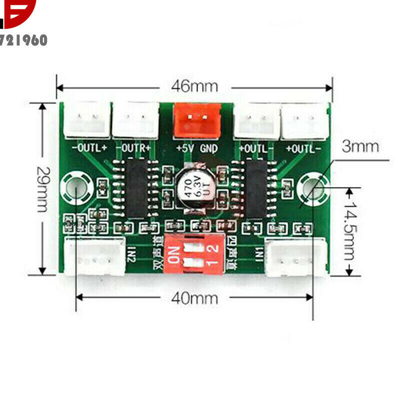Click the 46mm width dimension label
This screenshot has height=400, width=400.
pos(194,86)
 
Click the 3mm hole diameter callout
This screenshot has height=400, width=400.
pos(360,147)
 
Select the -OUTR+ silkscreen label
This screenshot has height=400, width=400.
pos(134,148)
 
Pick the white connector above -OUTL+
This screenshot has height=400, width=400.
pos(86,120)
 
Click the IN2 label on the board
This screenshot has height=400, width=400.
pos(131,256)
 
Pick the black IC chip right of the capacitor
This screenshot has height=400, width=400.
pos(256,188)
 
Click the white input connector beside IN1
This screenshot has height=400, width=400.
pos(294,256)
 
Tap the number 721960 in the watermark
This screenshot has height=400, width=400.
pos(25,40)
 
